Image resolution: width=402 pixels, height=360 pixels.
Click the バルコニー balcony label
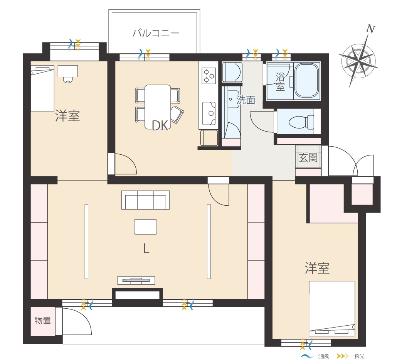[156, 33]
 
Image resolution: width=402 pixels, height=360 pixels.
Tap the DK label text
[160, 126]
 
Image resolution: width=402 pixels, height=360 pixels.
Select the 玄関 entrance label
[308, 157]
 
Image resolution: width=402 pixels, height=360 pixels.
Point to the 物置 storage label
[42, 321]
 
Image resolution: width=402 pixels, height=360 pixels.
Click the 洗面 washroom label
[246, 100]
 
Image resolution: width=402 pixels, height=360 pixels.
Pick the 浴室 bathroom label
[280, 81]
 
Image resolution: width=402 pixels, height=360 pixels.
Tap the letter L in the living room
[146, 248]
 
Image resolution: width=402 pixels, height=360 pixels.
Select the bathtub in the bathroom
[306, 80]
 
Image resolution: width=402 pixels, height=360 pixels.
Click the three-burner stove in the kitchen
[209, 76]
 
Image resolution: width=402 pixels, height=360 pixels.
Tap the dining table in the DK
[157, 107]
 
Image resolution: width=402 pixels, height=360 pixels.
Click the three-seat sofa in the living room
[145, 200]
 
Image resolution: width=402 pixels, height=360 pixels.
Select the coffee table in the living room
[145, 227]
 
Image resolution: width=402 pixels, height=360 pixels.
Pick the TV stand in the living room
[136, 280]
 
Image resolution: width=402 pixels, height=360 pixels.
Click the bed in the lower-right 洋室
[332, 308]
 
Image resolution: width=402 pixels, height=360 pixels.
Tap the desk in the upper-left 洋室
[68, 71]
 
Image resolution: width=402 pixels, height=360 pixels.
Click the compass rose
[358, 61]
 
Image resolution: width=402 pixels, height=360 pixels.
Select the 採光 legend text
[359, 356]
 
